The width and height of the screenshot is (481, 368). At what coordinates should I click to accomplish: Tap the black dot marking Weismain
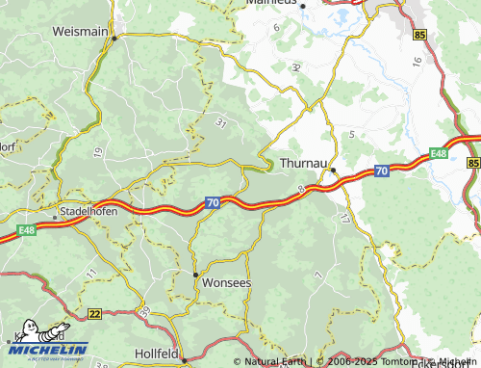coord(114,39)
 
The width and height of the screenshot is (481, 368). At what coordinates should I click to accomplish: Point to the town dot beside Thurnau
coord(333,171)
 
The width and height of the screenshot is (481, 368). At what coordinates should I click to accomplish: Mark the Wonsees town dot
coord(195,274)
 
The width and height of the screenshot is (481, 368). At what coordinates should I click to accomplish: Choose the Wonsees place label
coord(228,284)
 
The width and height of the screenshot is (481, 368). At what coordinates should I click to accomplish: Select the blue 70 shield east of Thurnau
coord(381,171)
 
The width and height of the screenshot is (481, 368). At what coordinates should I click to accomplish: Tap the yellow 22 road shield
coord(93,313)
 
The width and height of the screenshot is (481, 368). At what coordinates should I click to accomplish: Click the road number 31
coord(221,122)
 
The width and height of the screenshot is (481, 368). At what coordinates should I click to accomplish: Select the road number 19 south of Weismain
coord(98,151)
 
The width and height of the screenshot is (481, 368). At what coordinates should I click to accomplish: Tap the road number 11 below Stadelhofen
coord(91,275)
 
